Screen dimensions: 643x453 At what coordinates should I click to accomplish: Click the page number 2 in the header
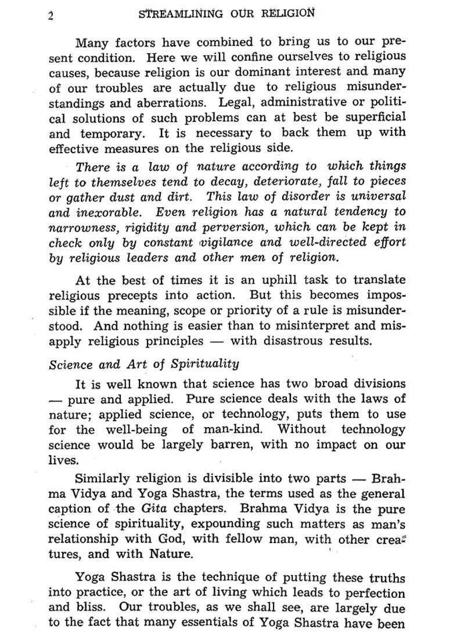pyautogui.click(x=51, y=16)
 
